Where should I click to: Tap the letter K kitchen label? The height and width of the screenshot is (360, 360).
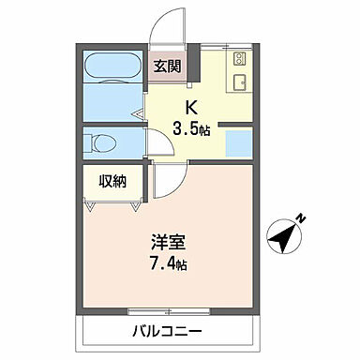190,107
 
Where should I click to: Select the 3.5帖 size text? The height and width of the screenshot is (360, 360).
191,128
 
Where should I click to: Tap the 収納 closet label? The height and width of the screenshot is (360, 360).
112,181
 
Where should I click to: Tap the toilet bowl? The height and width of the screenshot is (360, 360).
101,143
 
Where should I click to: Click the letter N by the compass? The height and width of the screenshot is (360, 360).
303,218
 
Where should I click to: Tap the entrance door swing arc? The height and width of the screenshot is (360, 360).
170,23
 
